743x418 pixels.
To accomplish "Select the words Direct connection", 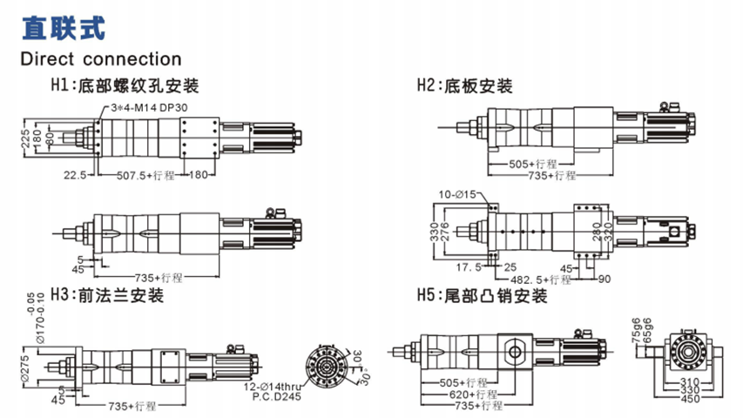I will [102, 59].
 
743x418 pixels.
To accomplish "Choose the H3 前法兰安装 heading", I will [108, 295].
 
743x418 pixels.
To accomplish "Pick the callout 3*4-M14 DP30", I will [150, 107].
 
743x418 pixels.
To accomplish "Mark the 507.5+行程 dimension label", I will [145, 174].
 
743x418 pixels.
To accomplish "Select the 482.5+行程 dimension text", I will [536, 280].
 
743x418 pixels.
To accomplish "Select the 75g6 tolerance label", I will [635, 328].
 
